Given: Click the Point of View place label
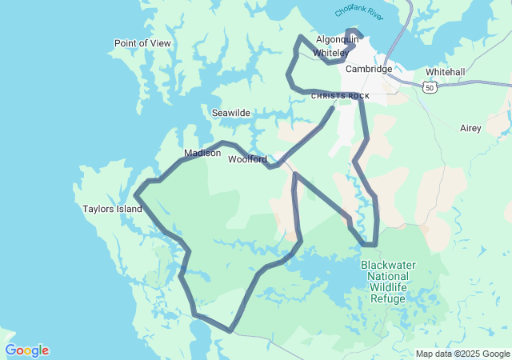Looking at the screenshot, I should [x=142, y=43].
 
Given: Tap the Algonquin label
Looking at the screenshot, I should [x=337, y=38].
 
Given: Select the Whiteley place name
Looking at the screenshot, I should [x=330, y=53].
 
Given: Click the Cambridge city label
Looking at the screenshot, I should [x=369, y=69].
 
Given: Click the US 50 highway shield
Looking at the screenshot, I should [x=430, y=86].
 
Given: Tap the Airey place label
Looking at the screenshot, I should [x=470, y=128].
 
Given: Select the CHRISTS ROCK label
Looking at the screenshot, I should [x=340, y=96].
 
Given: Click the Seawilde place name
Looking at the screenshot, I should [x=230, y=114].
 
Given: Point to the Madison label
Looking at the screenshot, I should [x=202, y=153].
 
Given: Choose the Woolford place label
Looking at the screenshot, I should [x=247, y=159].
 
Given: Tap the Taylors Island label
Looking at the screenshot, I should [x=112, y=210].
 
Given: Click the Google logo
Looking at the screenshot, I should [x=27, y=350].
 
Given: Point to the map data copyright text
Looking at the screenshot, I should [x=462, y=354].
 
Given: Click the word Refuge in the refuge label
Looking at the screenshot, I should [x=388, y=298].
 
